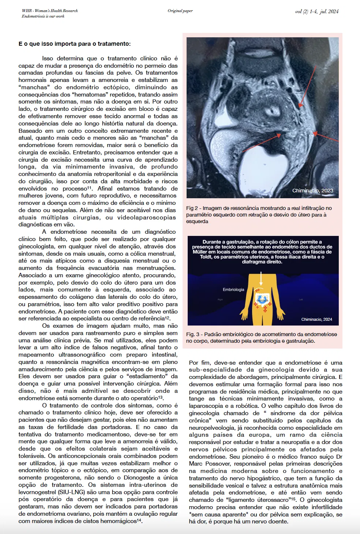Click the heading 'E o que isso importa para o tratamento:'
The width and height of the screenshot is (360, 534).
click(74, 44)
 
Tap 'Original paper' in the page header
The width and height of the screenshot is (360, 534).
click(180, 11)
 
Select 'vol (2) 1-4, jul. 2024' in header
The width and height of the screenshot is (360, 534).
click(316, 11)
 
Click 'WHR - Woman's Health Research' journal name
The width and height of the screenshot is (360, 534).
click(50, 11)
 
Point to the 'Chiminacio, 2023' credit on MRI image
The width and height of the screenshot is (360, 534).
click(312, 191)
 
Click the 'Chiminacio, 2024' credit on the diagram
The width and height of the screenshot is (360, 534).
click(316, 319)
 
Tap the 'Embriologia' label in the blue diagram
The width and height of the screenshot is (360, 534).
click(233, 290)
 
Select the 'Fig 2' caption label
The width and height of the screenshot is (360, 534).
click(192, 208)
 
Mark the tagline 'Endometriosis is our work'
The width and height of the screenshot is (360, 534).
click(43, 16)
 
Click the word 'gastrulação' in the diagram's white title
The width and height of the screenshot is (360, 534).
click(238, 242)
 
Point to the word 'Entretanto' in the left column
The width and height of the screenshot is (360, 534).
click(87, 153)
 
